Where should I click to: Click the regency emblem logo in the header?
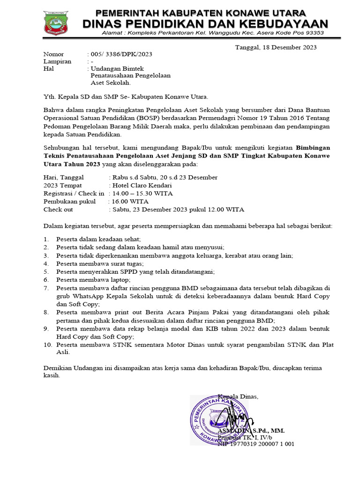(56, 22)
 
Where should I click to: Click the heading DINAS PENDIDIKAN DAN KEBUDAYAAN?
(205, 23)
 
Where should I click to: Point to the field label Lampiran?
(57, 61)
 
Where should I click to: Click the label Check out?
(58, 210)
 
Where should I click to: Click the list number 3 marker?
(46, 255)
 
